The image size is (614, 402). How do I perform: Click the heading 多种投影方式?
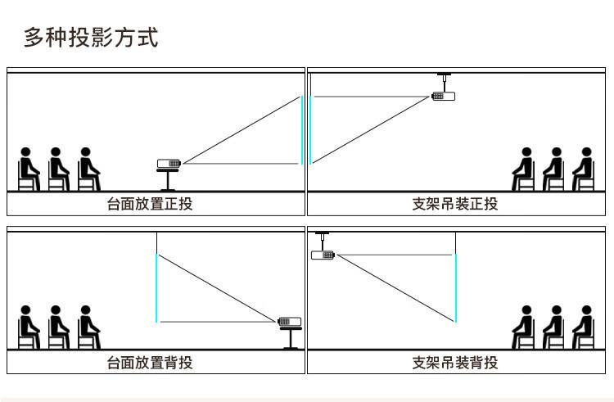coord(90,37)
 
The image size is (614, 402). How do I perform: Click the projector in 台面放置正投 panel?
coord(169,164)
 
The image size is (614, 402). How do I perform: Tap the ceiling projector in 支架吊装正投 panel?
coord(443,97)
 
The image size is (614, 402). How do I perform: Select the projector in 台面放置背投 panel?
coord(290,322)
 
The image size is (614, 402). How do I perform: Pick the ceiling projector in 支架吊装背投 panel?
coord(323,255)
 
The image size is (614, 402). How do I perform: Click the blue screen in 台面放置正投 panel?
coord(302,130)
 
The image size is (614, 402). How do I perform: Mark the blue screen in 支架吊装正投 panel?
coord(311,130)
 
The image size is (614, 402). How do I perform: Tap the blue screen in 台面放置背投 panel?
coord(156,287)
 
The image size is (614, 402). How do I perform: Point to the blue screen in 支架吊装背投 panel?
coord(456,287)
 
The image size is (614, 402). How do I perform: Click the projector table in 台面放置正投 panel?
coord(169,179)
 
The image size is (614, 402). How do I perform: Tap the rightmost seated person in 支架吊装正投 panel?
coord(584,169)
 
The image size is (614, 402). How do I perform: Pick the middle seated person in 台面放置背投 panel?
coord(56,327)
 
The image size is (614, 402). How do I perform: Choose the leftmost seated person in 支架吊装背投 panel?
coord(524,327)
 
